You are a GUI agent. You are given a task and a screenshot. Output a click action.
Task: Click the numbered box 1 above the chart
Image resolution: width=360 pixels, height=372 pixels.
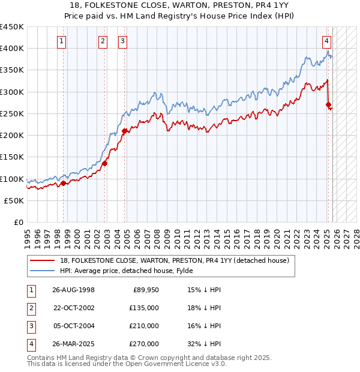[x=62, y=41]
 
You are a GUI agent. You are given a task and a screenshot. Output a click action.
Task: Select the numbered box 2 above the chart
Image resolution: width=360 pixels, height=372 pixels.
[x=103, y=41]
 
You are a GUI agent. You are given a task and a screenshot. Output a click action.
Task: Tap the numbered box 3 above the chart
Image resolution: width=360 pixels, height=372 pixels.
[x=122, y=41]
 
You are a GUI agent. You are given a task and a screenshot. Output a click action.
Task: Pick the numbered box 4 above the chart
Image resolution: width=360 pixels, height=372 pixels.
[x=326, y=41]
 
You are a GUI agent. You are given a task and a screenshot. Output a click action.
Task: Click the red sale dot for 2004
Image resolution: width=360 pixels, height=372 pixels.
[x=125, y=131]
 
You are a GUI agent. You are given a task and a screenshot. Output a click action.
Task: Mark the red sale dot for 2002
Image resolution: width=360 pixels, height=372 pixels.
[x=104, y=163]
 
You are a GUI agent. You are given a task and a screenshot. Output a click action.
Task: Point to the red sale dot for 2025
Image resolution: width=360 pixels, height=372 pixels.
[x=328, y=105]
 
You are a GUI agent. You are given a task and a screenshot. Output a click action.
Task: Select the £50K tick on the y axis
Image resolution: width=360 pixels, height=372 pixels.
[x=14, y=200]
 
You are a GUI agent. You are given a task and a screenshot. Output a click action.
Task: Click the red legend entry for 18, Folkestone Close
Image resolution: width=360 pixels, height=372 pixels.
[x=175, y=260]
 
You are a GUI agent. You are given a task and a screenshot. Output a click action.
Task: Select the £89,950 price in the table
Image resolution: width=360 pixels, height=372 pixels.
[x=146, y=290]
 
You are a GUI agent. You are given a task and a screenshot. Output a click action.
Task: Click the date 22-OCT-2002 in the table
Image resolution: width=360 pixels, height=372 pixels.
[x=74, y=308]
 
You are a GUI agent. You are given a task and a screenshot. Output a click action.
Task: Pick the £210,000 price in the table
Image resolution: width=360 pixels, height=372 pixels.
[x=144, y=326]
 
